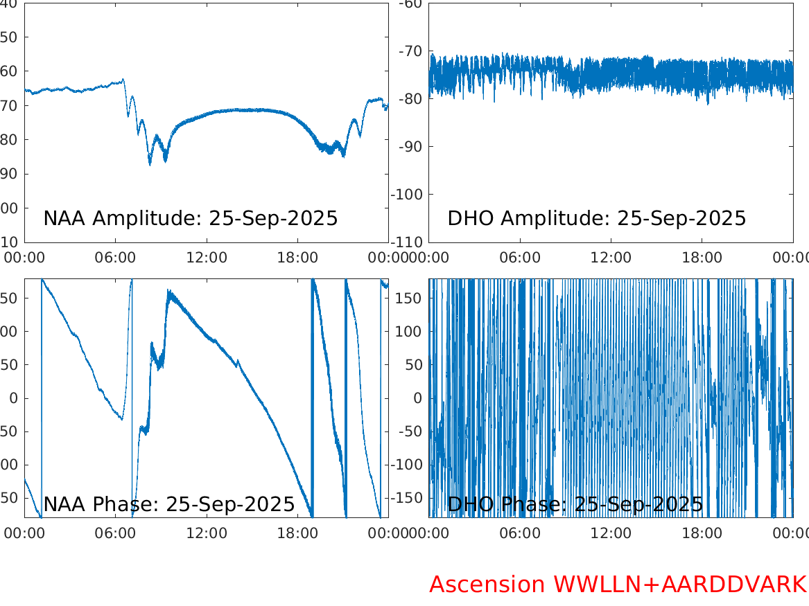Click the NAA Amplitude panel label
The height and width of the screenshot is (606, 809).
coord(191,218)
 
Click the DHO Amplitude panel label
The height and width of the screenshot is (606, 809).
coord(596,218)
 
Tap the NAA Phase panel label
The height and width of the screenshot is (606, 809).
coord(169,504)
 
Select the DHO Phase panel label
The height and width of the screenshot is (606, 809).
coord(575,504)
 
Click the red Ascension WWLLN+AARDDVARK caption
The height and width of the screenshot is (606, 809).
coord(618,585)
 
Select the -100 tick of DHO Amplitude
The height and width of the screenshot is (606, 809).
coord(408,194)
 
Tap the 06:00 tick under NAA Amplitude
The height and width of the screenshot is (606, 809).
coord(116,258)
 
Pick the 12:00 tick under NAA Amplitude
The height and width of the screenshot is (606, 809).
coord(207,258)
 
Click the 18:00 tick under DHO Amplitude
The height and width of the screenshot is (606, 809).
coord(702,258)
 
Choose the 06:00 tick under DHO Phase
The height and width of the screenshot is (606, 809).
coord(520,533)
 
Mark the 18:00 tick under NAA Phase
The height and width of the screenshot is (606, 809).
coord(297,533)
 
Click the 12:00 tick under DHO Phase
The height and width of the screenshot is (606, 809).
coord(611,533)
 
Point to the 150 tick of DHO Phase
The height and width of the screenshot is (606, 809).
coord(410,298)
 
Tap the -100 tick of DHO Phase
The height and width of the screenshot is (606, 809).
coord(408,465)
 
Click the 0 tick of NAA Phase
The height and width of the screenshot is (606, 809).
coord(13,398)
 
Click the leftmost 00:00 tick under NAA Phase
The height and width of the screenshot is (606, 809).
coord(25,533)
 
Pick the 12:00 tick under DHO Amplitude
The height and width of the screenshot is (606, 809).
coord(611,258)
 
